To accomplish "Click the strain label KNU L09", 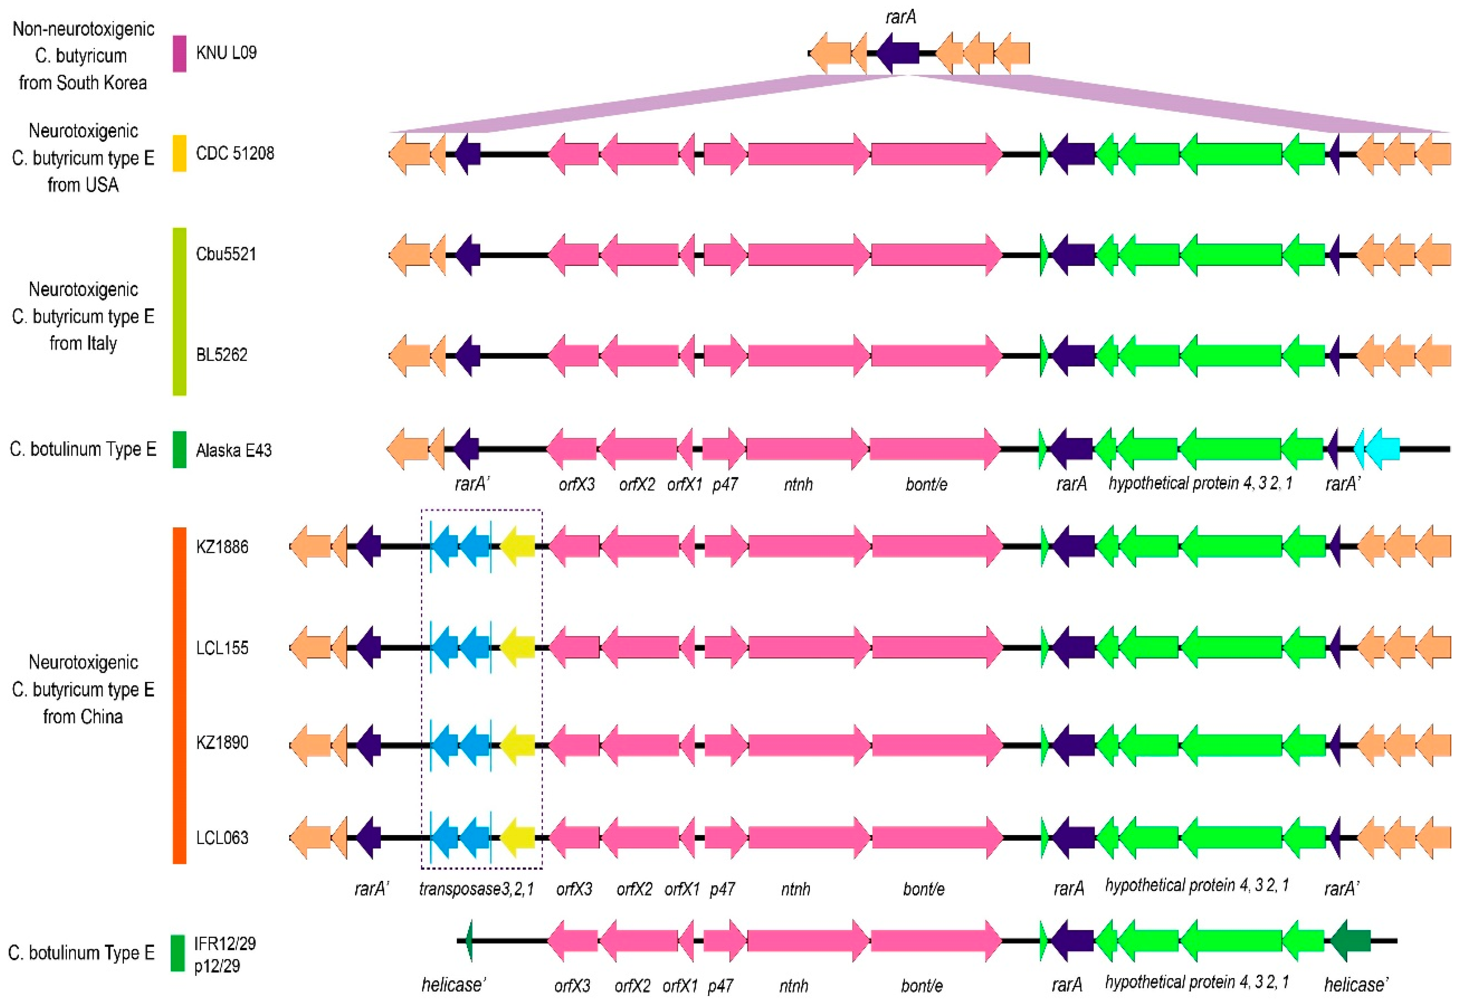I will pyautogui.click(x=226, y=53).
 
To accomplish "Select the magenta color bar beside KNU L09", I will pyautogui.click(x=180, y=53).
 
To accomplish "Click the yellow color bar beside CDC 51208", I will pyautogui.click(x=180, y=153).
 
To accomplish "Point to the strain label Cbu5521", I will pyautogui.click(x=226, y=254).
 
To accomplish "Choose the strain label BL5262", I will pyautogui.click(x=222, y=355).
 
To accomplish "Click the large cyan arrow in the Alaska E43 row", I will pyautogui.click(x=1383, y=449).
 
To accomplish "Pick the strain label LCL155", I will pyautogui.click(x=222, y=648).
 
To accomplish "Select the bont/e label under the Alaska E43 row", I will pyautogui.click(x=926, y=484).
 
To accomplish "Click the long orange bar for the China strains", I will pyautogui.click(x=180, y=695).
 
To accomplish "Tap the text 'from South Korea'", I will pyautogui.click(x=83, y=83).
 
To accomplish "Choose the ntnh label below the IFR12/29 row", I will pyautogui.click(x=794, y=985).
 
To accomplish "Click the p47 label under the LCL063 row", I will pyautogui.click(x=722, y=889).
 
